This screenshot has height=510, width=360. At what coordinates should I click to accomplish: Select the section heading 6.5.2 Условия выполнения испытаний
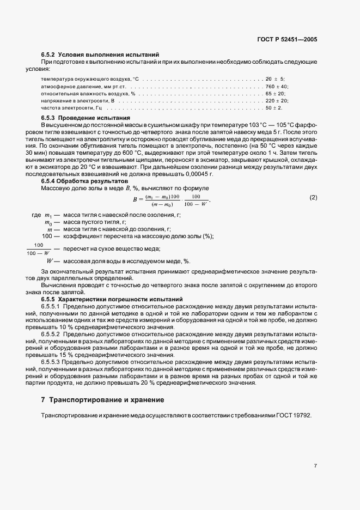(x=100, y=55)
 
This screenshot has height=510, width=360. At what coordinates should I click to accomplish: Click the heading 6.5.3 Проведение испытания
(x=86, y=118)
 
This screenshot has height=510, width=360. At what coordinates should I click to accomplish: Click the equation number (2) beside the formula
(x=313, y=197)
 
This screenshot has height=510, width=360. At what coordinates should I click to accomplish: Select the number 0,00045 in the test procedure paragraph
(x=199, y=174)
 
